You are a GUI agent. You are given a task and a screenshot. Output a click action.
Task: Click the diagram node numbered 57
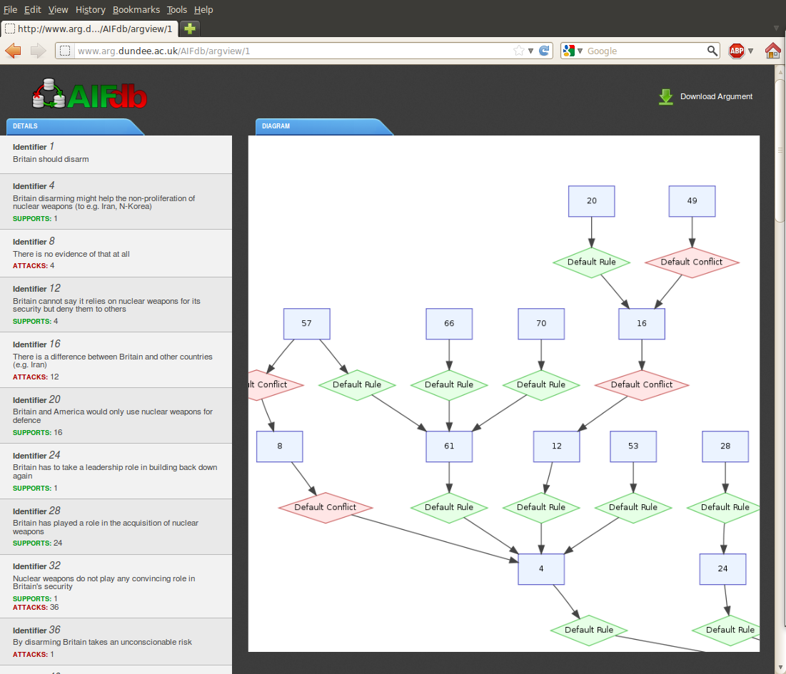(306, 324)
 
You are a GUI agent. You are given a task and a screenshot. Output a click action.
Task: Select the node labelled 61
(449, 446)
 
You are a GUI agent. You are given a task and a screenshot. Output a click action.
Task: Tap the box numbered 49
(692, 201)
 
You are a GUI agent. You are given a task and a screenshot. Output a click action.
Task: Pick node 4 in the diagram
(541, 569)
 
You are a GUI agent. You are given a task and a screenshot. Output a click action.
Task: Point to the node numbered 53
(633, 446)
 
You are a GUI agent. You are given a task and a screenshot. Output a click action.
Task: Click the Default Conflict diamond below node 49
(692, 262)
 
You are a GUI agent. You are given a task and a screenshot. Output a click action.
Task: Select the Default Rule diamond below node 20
(592, 262)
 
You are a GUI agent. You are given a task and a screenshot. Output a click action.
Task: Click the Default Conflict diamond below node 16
(642, 385)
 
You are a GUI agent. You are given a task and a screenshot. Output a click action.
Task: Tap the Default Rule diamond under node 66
(449, 385)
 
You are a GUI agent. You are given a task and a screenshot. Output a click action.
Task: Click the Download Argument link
(716, 97)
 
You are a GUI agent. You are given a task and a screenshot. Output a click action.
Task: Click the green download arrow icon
(666, 97)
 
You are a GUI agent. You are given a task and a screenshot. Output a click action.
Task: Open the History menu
(90, 9)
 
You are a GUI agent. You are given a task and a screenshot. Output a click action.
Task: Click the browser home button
(772, 51)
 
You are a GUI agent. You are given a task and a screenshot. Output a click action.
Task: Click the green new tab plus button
(189, 29)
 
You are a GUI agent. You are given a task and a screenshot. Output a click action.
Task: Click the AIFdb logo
(90, 94)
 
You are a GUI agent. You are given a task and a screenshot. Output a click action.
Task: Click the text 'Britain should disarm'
(51, 159)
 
